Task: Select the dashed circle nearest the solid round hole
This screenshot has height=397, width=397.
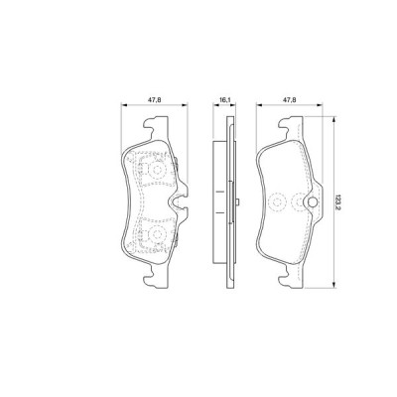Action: pyautogui.click(x=279, y=203)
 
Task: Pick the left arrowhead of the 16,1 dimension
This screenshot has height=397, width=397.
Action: pyautogui.click(x=217, y=105)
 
